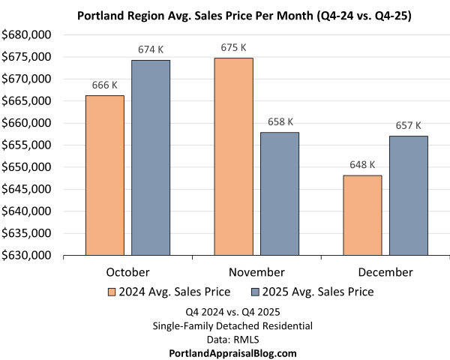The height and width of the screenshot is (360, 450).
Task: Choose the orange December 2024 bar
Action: point(362,215)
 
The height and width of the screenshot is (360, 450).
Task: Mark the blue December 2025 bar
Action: point(408,196)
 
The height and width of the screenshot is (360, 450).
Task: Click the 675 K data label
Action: point(233,47)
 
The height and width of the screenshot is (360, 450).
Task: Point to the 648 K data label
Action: point(362,164)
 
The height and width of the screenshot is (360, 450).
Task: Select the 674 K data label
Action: point(151,49)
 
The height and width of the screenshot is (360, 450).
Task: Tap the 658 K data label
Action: point(279,121)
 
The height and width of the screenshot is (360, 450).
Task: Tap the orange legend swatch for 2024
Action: point(112,292)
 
